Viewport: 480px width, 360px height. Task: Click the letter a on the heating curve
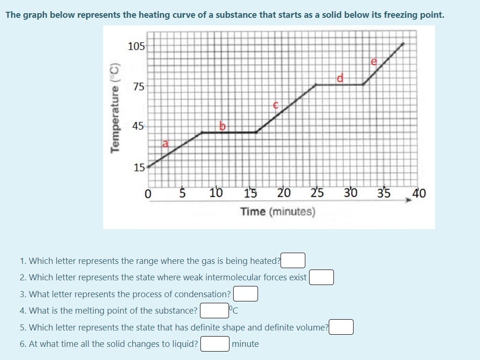pyautogui.click(x=164, y=143)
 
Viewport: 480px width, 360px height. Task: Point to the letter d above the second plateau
pyautogui.click(x=340, y=77)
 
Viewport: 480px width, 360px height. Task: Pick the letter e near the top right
pyautogui.click(x=373, y=61)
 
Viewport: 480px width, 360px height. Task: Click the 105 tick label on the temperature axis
pyautogui.click(x=136, y=46)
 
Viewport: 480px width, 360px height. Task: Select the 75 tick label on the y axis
pyautogui.click(x=139, y=86)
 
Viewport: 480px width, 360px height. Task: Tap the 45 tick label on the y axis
pyautogui.click(x=139, y=126)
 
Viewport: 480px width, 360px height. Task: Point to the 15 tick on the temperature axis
pyautogui.click(x=139, y=167)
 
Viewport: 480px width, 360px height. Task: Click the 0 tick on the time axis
pyautogui.click(x=148, y=193)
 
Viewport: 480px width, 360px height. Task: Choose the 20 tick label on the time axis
pyautogui.click(x=284, y=193)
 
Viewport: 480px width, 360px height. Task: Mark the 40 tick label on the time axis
pyautogui.click(x=419, y=193)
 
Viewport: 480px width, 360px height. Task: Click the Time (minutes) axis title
pyautogui.click(x=278, y=211)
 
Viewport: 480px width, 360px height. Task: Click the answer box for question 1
pyautogui.click(x=293, y=260)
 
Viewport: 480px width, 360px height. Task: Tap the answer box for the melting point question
pyautogui.click(x=214, y=310)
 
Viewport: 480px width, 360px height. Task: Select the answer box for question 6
pyautogui.click(x=215, y=344)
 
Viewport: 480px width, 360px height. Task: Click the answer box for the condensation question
pyautogui.click(x=246, y=294)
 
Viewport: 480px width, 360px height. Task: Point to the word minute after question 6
pyautogui.click(x=245, y=344)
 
